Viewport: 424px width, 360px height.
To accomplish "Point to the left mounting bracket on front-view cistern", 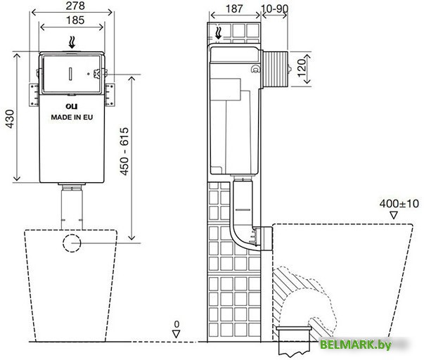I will [32, 92].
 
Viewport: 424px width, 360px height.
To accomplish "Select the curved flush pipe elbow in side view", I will [243, 236].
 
